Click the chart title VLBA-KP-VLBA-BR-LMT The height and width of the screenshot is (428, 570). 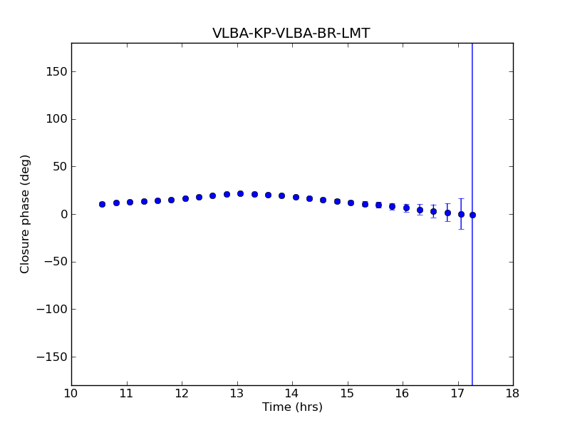coord(291,34)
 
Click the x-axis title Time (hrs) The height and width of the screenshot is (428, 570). coord(292,407)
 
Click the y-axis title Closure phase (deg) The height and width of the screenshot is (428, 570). coord(26,214)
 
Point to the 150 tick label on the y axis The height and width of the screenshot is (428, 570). coord(57,71)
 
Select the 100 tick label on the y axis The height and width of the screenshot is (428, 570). coord(57,119)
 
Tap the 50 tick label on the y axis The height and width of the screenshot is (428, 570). coord(60,167)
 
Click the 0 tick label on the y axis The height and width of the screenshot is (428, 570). coord(63,214)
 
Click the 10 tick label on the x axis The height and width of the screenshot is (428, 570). coord(71,393)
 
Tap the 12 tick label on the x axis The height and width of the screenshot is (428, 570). coord(182,393)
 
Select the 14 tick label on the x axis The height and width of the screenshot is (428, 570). coord(292,393)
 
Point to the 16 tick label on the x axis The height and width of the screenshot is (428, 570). coord(403,393)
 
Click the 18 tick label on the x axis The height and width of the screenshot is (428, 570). coord(513,393)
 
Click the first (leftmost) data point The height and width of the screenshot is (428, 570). coord(102,204)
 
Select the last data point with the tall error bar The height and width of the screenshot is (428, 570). coord(472,215)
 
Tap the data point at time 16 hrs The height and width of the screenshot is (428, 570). coord(406,208)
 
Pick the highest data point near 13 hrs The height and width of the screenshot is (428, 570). coord(240,193)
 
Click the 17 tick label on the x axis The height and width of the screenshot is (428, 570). coord(457,393)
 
